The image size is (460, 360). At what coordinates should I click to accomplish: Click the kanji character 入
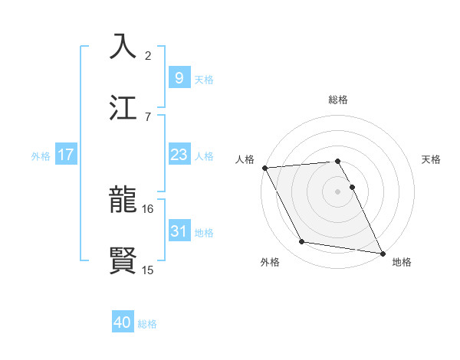pos(123,47)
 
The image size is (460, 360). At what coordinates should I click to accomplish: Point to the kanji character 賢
pos(123,260)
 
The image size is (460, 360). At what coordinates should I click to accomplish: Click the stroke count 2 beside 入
pos(148,56)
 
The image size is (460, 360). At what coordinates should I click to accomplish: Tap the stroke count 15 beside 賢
pos(148,270)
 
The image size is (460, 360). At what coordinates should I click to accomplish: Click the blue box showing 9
pos(179,78)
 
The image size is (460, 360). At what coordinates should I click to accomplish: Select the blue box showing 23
pos(179,155)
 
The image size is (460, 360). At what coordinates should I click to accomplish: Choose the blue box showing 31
pos(179,231)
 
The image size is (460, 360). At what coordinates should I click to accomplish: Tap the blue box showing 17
pos(66,155)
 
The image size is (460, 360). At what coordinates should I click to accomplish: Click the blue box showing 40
pos(123,323)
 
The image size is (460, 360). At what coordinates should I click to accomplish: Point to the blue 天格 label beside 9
pos(204,80)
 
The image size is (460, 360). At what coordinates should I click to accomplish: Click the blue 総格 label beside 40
pos(147,324)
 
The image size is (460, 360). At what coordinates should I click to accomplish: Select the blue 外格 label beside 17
pos(41,155)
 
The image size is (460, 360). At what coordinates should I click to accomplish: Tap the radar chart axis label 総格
pos(338,100)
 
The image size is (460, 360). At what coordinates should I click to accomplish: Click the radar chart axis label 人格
pos(245,160)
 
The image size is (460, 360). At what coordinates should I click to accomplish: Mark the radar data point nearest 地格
pos(382,252)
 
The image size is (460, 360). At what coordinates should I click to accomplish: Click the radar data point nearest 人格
pos(264,168)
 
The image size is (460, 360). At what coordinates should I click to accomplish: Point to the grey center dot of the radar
pos(338,191)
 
